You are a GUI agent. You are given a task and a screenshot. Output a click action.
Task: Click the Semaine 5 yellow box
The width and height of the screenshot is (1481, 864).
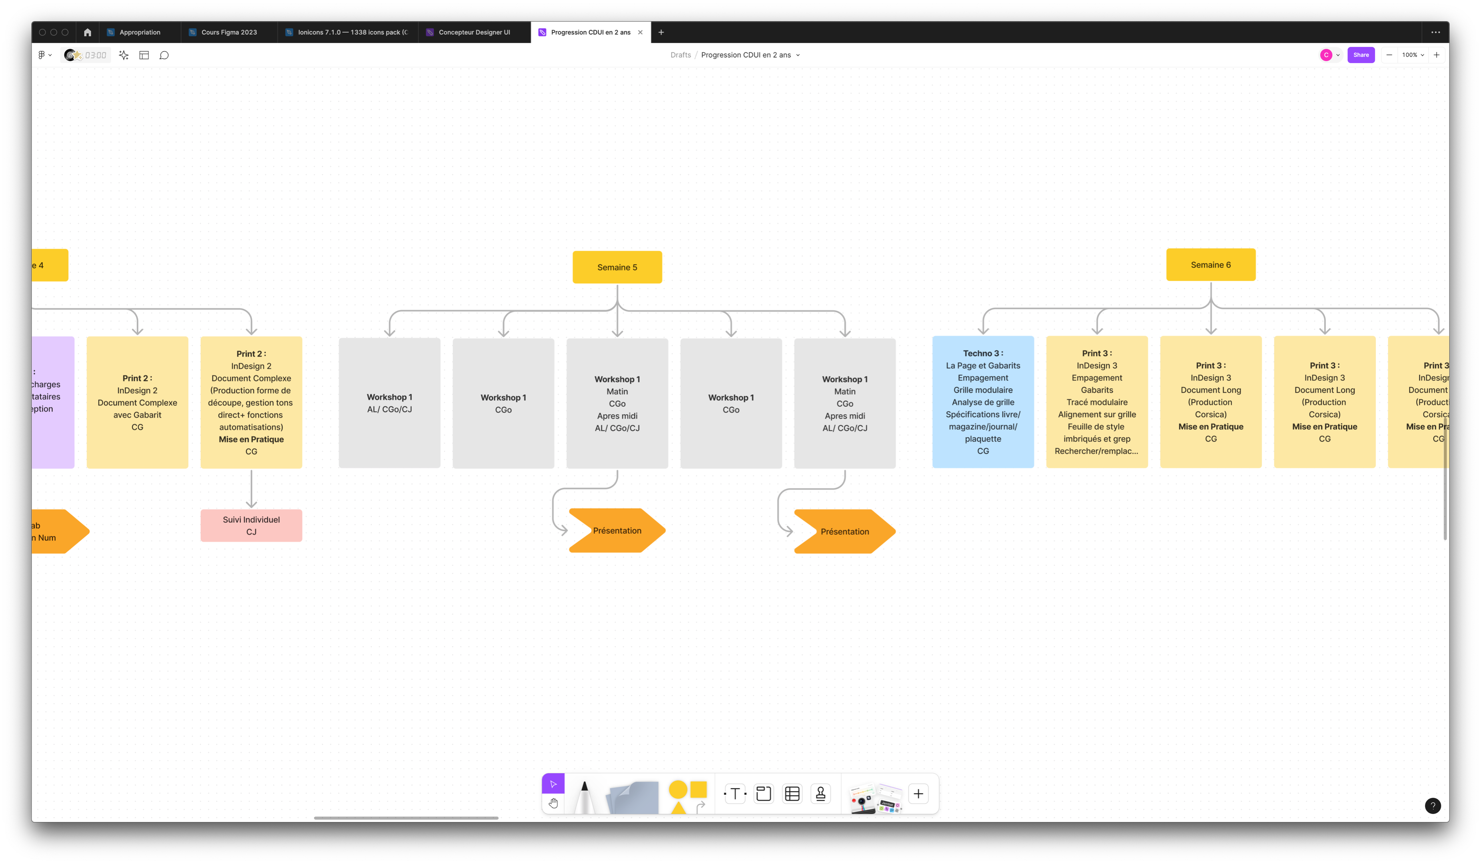point(617,268)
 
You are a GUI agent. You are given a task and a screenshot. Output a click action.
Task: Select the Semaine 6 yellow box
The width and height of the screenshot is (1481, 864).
point(1211,265)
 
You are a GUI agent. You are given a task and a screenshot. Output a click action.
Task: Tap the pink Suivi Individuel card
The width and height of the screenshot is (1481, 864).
point(251,526)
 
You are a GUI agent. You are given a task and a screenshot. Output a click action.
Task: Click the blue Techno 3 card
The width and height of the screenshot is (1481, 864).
point(983,402)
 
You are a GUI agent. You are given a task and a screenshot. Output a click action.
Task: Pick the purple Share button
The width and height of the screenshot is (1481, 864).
point(1361,55)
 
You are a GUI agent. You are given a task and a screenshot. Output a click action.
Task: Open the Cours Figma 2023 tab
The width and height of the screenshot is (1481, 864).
point(229,32)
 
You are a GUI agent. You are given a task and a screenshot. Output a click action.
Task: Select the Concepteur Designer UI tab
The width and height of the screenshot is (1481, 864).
point(474,32)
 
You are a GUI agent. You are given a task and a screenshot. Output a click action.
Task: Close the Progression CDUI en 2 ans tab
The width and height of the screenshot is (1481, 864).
point(640,32)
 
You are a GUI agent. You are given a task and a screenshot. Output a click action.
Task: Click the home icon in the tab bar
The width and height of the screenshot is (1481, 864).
point(88,32)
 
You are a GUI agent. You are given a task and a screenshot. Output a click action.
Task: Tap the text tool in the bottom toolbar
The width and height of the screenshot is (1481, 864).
point(735,794)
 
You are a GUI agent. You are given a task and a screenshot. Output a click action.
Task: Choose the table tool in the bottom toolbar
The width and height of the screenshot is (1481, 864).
point(792,794)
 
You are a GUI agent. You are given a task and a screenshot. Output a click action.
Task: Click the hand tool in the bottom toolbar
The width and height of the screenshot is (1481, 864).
point(553,804)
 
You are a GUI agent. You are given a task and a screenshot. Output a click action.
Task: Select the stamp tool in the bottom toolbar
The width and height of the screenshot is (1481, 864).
point(820,794)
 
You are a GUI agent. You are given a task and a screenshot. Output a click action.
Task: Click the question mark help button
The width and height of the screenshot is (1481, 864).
point(1432,806)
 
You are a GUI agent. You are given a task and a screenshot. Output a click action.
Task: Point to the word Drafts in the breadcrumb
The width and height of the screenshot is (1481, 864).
point(681,55)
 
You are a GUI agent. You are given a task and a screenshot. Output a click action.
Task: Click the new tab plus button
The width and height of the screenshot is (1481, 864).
point(661,32)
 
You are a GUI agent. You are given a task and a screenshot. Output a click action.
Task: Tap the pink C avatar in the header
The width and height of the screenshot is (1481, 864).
point(1326,55)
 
